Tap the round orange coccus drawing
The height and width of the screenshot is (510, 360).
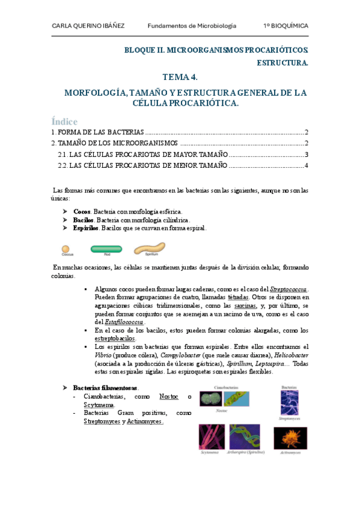[65, 248]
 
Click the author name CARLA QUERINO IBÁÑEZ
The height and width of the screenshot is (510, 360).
[90, 26]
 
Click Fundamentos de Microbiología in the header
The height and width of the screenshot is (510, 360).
[192, 26]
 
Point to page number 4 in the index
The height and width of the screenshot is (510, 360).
[306, 165]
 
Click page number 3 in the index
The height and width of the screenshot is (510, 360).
[306, 155]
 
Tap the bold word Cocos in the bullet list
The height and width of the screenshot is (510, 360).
[81, 212]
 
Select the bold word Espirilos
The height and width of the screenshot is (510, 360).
[85, 229]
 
